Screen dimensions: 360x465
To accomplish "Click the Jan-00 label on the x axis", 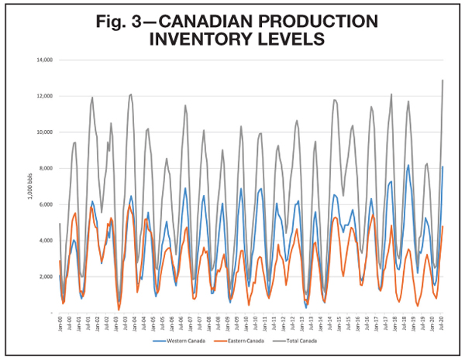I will coord(59,324).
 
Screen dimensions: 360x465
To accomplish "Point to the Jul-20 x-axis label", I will coord(443,324).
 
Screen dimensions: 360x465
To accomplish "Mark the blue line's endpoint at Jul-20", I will coord(443,166).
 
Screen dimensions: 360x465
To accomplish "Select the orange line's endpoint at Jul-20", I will coord(443,227).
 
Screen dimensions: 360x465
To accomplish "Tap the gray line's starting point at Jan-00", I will coord(59,224).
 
